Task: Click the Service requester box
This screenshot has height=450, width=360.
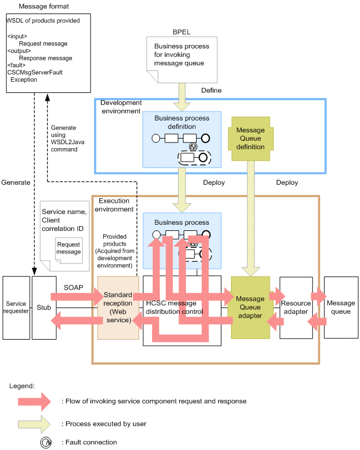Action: pyautogui.click(x=16, y=308)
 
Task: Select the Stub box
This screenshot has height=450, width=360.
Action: pyautogui.click(x=44, y=308)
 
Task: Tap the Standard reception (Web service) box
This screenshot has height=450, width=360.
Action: pyautogui.click(x=118, y=308)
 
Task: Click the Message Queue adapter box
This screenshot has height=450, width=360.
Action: pyautogui.click(x=251, y=308)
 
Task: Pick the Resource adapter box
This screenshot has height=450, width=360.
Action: pyautogui.click(x=296, y=308)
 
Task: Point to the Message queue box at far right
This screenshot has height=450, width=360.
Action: pyautogui.click(x=341, y=308)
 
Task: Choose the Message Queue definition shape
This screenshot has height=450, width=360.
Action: pyautogui.click(x=251, y=139)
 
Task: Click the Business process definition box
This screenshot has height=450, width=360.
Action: pyautogui.click(x=181, y=139)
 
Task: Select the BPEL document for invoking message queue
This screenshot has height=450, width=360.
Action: pyautogui.click(x=181, y=59)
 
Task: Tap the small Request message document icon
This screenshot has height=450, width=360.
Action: pyautogui.click(x=69, y=248)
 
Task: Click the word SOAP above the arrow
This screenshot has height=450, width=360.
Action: pyautogui.click(x=74, y=288)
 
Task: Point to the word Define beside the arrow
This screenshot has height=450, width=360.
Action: pyautogui.click(x=211, y=90)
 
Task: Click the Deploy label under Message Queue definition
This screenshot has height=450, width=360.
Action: pyautogui.click(x=287, y=182)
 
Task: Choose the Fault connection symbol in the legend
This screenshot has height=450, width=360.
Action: pyautogui.click(x=45, y=442)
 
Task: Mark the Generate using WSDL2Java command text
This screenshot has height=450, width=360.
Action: pyautogui.click(x=64, y=139)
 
